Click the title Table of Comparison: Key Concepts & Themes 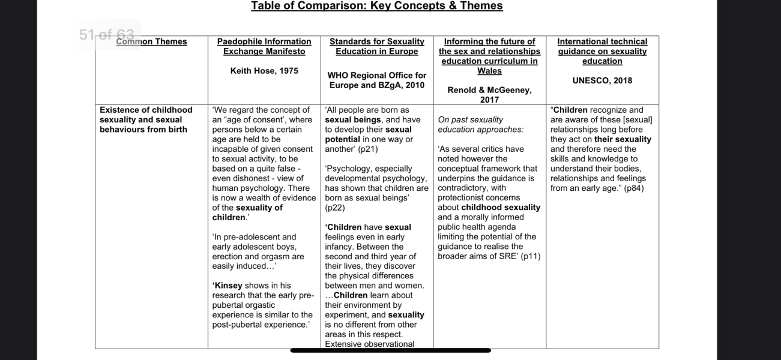pyautogui.click(x=376, y=6)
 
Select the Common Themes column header pyautogui.click(x=151, y=42)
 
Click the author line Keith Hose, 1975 pyautogui.click(x=264, y=71)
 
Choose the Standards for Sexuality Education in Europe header pyautogui.click(x=377, y=47)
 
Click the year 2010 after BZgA pyautogui.click(x=414, y=85)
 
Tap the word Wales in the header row pyautogui.click(x=489, y=71)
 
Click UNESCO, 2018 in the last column pyautogui.click(x=602, y=80)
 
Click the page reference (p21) pyautogui.click(x=370, y=149)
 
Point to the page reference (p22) pyautogui.click(x=335, y=208)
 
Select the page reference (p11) pyautogui.click(x=531, y=256)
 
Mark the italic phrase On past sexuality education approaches pyautogui.click(x=480, y=125)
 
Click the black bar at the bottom pyautogui.click(x=390, y=350)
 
